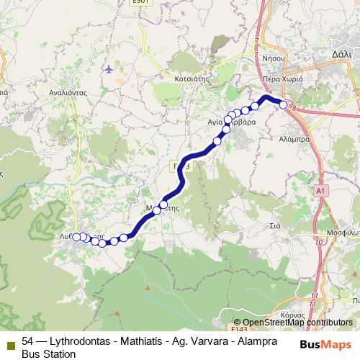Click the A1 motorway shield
[320, 190]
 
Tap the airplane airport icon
[109, 69]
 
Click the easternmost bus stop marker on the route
[284, 105]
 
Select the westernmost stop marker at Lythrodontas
[76, 236]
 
